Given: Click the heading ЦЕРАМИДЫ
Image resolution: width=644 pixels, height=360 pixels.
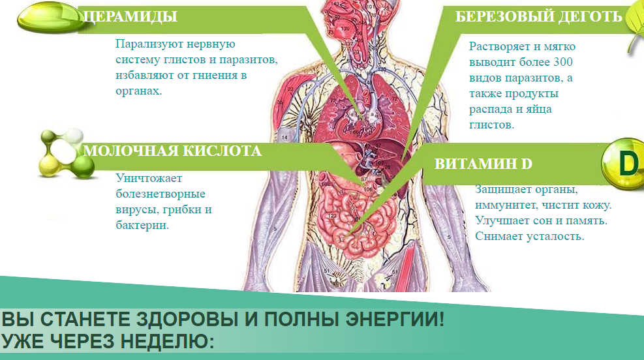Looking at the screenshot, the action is tap(130, 16).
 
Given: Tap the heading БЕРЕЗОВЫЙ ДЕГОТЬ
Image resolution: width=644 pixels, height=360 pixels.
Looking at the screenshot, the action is tap(538, 16).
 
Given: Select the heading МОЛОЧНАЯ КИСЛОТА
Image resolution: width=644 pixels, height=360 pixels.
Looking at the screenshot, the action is tap(172, 151).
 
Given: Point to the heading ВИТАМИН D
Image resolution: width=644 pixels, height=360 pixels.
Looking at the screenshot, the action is tap(483, 164).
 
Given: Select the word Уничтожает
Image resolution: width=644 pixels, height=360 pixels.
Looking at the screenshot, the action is tap(149, 178).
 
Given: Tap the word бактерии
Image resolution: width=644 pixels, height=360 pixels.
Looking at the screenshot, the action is tap(142, 225).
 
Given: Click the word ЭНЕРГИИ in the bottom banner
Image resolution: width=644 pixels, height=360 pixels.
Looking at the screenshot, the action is tap(395, 319).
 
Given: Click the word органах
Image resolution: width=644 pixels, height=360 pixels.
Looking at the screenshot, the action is tap(139, 91).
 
